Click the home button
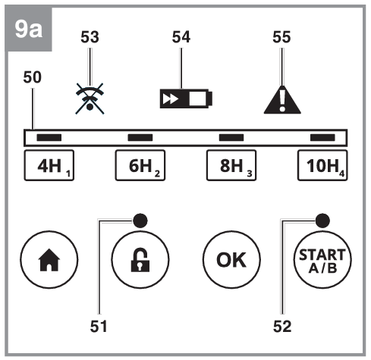tap(49, 259)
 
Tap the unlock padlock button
tap(140, 259)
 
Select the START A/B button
tap(322, 259)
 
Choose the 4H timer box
tap(49, 165)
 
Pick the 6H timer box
tap(140, 165)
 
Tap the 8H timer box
tap(231, 165)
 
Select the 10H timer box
tap(322, 165)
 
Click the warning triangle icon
tap(282, 99)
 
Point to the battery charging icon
tap(186, 99)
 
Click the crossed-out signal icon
tap(90, 99)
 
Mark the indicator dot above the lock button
tap(140, 221)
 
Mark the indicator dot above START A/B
tap(322, 221)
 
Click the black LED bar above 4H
tap(49, 137)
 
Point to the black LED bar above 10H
tap(322, 137)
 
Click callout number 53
tap(90, 37)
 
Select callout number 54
tap(181, 37)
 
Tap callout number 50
tap(33, 77)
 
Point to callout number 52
tap(282, 326)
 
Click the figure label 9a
tap(29, 30)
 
